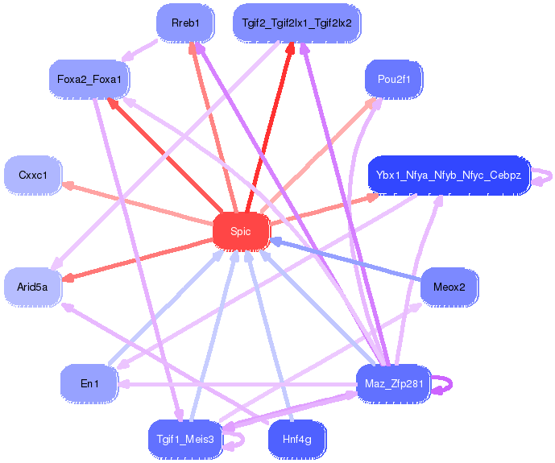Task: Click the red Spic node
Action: [x=241, y=232]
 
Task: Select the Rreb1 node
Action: [x=185, y=23]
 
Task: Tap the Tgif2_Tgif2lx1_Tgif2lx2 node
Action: [x=296, y=23]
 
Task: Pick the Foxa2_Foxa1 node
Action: [x=89, y=79]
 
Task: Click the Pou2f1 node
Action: [x=394, y=79]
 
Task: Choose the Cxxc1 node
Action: [x=33, y=175]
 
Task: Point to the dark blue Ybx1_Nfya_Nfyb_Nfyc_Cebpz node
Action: [x=449, y=175]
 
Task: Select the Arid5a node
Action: [x=33, y=287]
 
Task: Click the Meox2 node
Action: [x=449, y=287]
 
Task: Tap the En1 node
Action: [x=89, y=384]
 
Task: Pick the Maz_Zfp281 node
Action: [x=394, y=384]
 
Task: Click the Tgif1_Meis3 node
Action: [x=185, y=440]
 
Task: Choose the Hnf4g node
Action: [x=296, y=440]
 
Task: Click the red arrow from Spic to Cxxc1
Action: [x=138, y=203]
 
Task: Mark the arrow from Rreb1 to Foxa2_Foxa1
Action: [x=139, y=50]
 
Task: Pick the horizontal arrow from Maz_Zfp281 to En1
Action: [x=237, y=384]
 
